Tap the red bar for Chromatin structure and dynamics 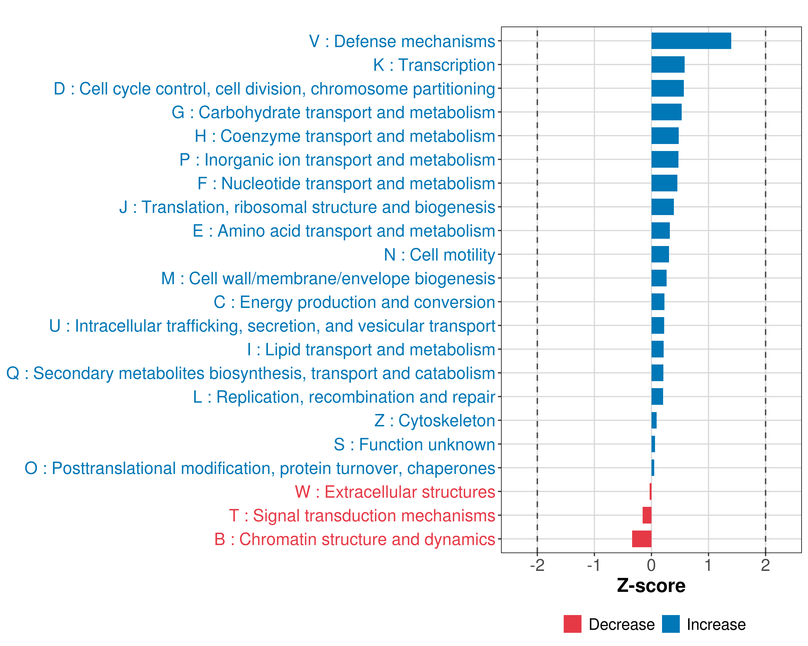click(x=641, y=539)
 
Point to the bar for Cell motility click(x=660, y=254)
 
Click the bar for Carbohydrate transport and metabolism click(x=666, y=112)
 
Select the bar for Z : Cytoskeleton click(x=654, y=420)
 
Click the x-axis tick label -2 click(x=537, y=565)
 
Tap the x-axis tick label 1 click(x=708, y=565)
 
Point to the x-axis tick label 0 click(x=651, y=565)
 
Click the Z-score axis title click(x=651, y=586)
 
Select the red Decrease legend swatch click(x=572, y=624)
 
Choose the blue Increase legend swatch click(x=670, y=624)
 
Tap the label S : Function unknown click(x=414, y=444)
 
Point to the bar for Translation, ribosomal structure click(x=662, y=207)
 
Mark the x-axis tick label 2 click(x=765, y=565)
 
